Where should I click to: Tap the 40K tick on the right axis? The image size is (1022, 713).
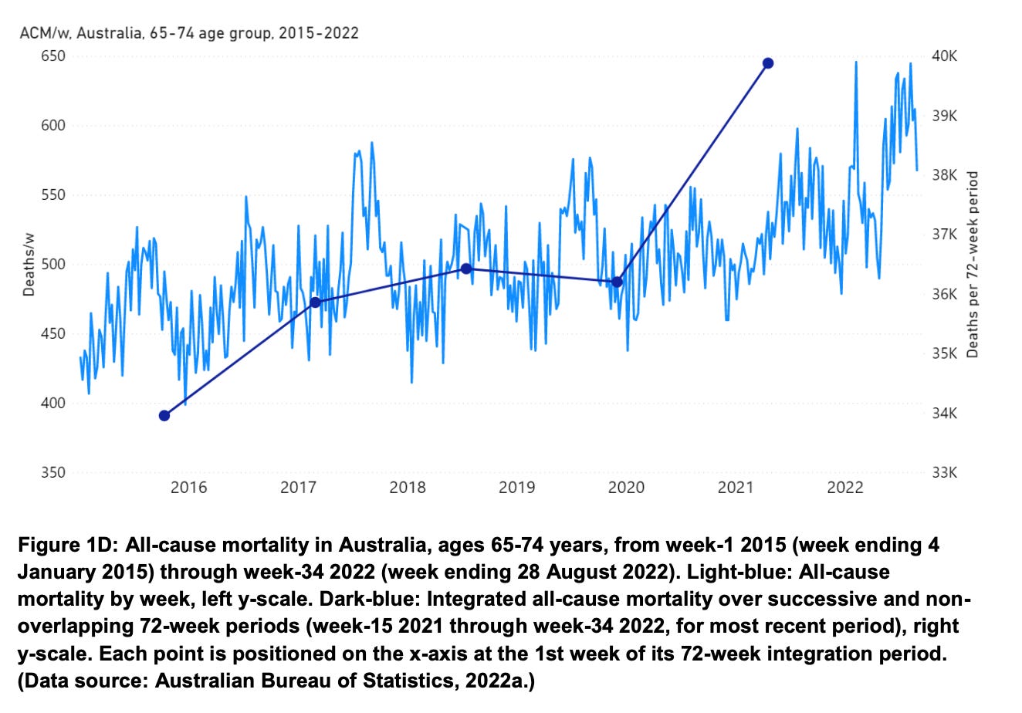[x=944, y=56]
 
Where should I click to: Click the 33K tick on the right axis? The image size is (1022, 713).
[x=944, y=473]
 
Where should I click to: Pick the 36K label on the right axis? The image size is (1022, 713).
[x=944, y=294]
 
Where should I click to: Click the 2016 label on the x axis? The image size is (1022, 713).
[x=188, y=488]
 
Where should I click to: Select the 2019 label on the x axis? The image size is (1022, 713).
[x=516, y=488]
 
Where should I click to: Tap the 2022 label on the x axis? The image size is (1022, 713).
[x=844, y=488]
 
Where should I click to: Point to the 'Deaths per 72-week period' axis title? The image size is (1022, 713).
[x=973, y=265]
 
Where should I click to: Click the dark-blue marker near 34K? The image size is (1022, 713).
[x=164, y=416]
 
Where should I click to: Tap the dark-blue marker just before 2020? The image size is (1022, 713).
[x=617, y=282]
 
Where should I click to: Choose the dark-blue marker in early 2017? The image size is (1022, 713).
[x=315, y=302]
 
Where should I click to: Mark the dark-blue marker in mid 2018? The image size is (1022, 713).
[x=466, y=269]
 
